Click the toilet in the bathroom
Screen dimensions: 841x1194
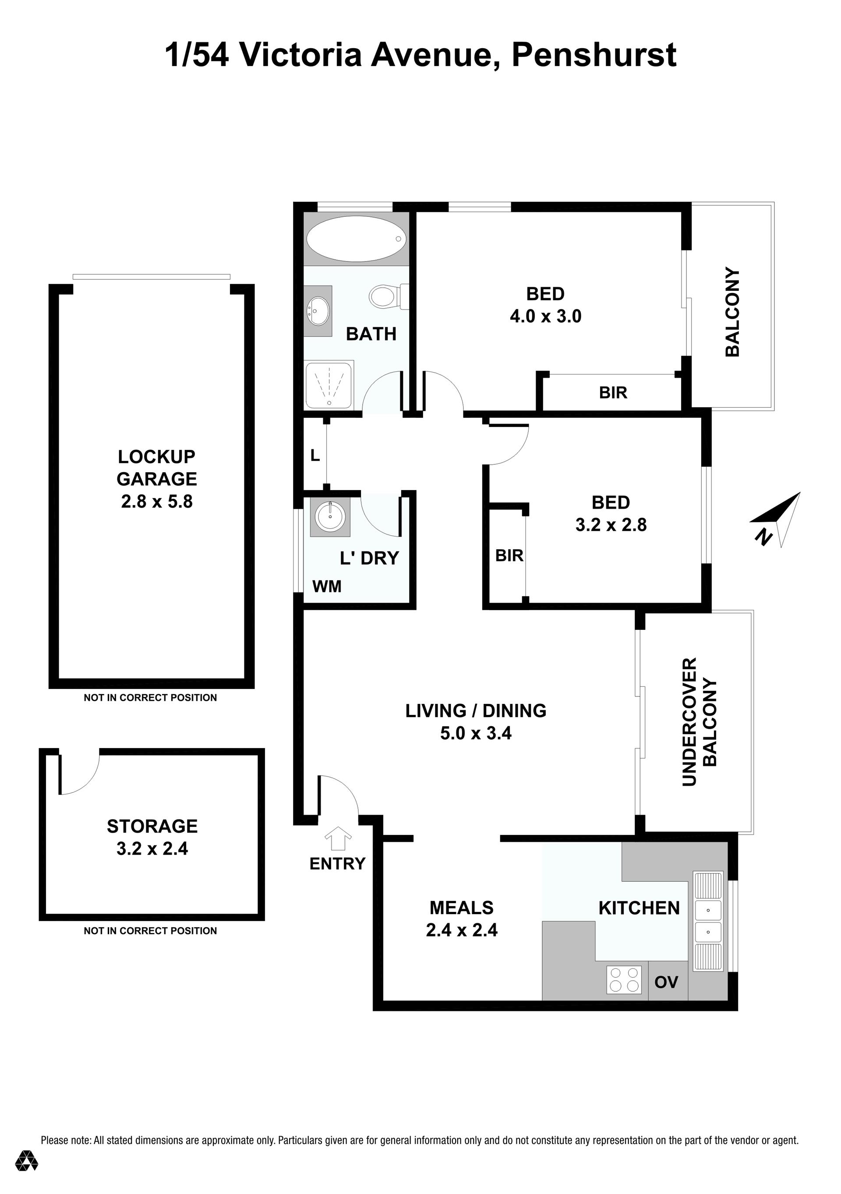389,297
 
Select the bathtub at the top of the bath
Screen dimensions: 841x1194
356,239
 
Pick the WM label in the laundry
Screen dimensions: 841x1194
327,586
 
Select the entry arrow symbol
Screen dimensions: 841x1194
338,838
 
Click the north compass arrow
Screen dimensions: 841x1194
775,519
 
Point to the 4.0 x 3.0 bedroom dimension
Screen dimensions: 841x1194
546,316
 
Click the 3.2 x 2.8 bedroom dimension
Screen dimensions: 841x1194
611,525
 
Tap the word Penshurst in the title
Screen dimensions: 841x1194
594,55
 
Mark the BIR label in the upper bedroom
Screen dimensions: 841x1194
613,392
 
